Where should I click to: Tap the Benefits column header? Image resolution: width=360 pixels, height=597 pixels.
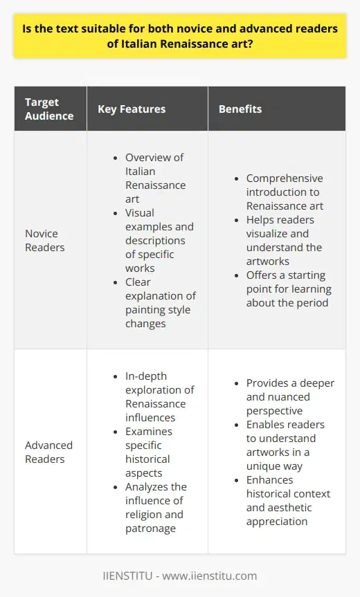[x=240, y=109]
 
